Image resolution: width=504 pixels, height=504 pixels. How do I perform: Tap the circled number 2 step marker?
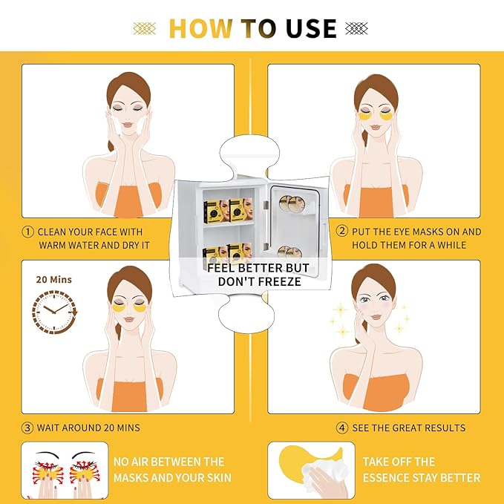pos(342,232)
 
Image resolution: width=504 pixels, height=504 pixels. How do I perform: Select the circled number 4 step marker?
pos(342,428)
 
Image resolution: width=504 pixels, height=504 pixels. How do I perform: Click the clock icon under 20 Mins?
pos(51,311)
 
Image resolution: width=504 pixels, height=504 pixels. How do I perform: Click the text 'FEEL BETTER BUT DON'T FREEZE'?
pos(258,275)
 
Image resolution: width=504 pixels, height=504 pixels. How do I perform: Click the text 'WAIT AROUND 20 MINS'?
pos(89,428)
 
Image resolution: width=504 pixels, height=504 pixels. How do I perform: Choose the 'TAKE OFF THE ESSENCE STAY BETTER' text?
pos(421,470)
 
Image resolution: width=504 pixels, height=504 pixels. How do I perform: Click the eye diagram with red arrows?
pos(63,470)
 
